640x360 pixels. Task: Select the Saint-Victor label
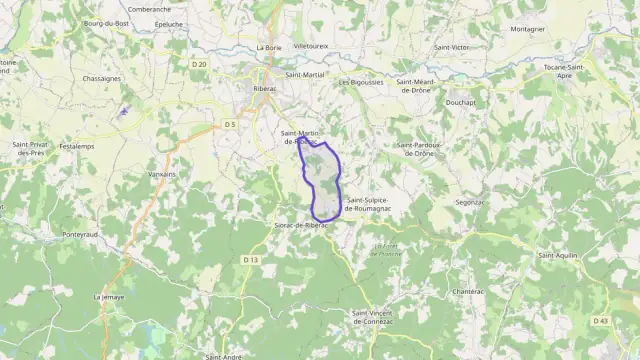[452, 47]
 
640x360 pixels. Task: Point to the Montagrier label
[527, 29]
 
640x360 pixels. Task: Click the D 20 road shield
[199, 64]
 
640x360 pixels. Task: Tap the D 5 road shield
[229, 124]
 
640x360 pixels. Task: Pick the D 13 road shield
[250, 260]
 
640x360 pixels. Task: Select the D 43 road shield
[600, 320]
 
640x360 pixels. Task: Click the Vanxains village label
[162, 174]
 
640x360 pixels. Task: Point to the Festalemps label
[77, 147]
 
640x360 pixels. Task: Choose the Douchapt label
[461, 102]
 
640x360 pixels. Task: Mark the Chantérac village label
[468, 291]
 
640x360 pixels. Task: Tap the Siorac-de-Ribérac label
[301, 225]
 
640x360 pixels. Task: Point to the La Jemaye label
[109, 297]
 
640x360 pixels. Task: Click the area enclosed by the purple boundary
[323, 180]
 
